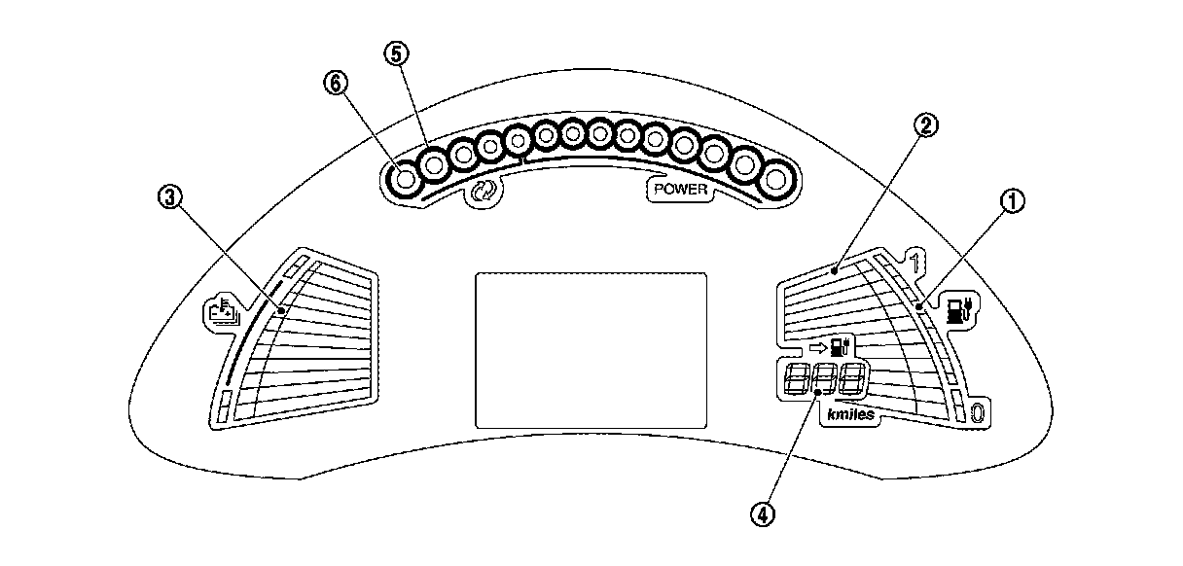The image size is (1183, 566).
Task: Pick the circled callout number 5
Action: [395, 54]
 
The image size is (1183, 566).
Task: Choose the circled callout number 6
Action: [336, 85]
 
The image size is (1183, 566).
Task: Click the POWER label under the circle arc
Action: [680, 190]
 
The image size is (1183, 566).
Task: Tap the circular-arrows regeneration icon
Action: [484, 192]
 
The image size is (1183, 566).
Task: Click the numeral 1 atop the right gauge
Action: [914, 259]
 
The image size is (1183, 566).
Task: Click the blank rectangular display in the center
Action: [590, 351]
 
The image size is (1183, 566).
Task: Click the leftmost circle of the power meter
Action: [406, 179]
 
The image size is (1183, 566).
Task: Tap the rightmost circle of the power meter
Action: [776, 180]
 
